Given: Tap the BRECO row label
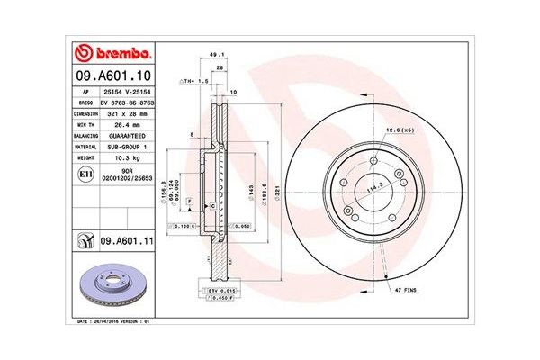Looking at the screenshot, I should [82, 104].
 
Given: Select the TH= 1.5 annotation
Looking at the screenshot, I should [195, 81].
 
